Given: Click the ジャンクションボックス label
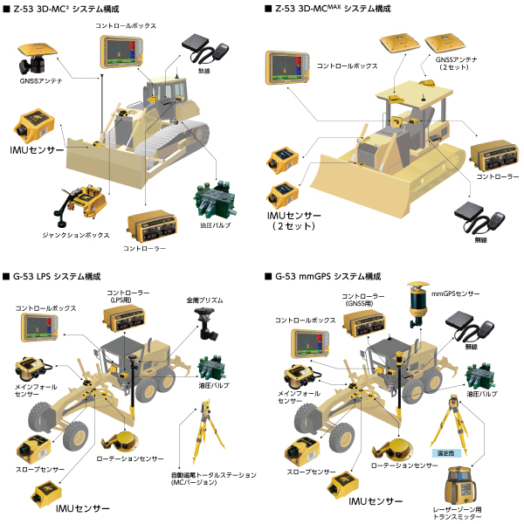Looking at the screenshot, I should pos(78,236).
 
